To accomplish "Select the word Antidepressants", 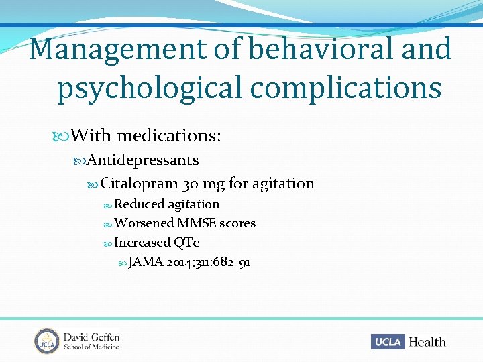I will pos(143,160).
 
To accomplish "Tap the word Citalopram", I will pos(139,183).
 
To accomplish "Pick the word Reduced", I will pos(139,204).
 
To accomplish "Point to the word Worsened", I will pos(144,223).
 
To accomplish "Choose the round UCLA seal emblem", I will pos(47,341).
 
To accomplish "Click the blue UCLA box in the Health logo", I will pos(388,341).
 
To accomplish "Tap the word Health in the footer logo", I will pos(427,341).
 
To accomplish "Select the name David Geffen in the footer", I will pos(92,336).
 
